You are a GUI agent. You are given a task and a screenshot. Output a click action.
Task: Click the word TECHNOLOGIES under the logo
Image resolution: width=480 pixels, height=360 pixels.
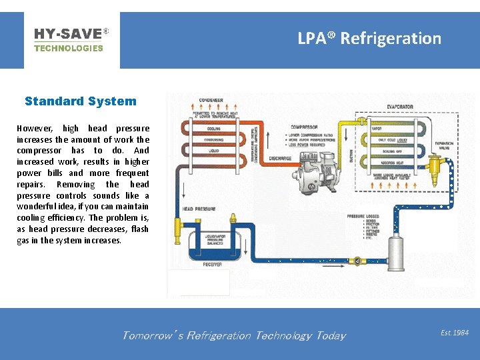pos(68,48)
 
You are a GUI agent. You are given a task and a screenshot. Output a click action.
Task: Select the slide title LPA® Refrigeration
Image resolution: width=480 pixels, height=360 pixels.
pos(369,38)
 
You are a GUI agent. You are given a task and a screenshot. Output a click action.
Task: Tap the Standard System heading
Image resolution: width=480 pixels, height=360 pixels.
pos(80,101)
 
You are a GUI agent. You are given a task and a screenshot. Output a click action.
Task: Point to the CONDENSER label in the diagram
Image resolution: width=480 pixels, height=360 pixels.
pos(210,101)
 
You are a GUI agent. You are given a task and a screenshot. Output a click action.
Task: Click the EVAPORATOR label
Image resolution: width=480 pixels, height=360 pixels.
pos(400,107)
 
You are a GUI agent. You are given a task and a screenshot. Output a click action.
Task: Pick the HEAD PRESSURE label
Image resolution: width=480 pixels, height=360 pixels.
pos(197,209)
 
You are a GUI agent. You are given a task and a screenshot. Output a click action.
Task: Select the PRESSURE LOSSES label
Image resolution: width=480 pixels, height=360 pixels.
pos(363,217)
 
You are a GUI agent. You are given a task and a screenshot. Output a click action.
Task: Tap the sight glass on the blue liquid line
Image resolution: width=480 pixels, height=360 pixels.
pos(357,259)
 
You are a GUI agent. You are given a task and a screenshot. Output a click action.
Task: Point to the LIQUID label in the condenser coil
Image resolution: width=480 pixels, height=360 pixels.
pos(214,151)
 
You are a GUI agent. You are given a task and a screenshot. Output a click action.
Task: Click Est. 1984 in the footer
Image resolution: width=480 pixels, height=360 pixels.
pos(455,332)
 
